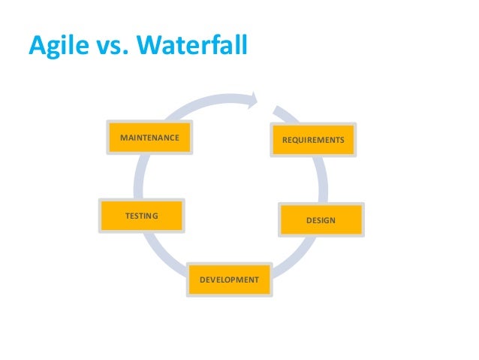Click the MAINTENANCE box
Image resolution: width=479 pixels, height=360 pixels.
(x=149, y=138)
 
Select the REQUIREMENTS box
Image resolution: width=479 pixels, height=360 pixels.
(x=313, y=141)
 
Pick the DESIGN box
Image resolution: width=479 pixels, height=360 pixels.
(x=321, y=219)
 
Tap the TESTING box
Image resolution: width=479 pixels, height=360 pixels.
(x=142, y=216)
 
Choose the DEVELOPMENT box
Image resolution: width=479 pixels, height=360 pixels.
(x=229, y=280)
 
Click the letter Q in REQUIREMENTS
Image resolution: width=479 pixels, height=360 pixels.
(x=294, y=141)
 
